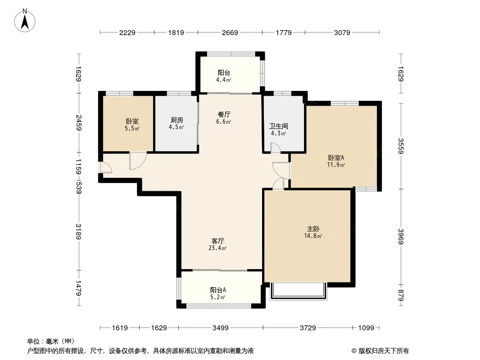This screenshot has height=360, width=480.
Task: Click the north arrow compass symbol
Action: (x=25, y=21)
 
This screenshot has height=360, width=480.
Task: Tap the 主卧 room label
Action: (x=313, y=229)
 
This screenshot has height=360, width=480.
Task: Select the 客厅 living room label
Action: (x=217, y=241)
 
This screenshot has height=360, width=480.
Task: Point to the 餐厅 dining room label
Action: (x=224, y=114)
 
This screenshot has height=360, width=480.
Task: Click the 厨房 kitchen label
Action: (x=177, y=120)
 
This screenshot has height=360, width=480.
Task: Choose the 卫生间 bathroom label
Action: (x=279, y=126)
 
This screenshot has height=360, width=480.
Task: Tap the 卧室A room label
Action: (x=336, y=158)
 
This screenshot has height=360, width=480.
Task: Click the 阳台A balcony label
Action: (x=218, y=290)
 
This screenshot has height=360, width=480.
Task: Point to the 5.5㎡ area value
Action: (x=132, y=128)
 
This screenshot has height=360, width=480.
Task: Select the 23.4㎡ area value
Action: (x=217, y=248)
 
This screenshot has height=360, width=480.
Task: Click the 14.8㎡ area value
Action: (x=313, y=236)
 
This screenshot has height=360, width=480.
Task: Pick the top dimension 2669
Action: (x=230, y=32)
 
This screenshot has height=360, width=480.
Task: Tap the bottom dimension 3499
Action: (x=220, y=328)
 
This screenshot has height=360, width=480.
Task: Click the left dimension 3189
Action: (x=79, y=232)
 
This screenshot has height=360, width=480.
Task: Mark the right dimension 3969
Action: (x=401, y=236)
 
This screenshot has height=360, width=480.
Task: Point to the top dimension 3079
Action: (x=342, y=32)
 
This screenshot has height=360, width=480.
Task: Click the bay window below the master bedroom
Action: (x=299, y=291)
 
